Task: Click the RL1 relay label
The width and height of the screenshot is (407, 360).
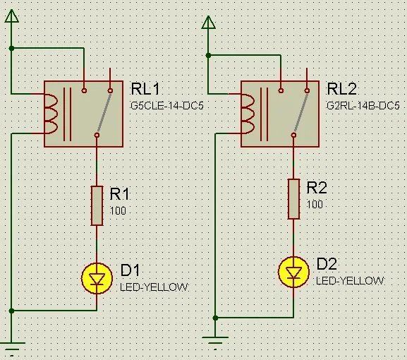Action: pos(145,89)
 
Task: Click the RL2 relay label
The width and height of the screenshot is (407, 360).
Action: pos(341,89)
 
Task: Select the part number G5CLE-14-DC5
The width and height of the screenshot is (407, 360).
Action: pos(167,106)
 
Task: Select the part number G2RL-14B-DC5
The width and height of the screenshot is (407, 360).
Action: pos(363,106)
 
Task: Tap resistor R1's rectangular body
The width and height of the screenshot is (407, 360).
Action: pos(97,205)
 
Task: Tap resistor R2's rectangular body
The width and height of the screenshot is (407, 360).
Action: pos(293,199)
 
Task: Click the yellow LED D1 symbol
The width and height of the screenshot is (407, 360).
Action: pos(97,278)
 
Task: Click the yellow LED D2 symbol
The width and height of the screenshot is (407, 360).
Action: pos(293,272)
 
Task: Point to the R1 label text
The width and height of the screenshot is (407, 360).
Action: pos(119,194)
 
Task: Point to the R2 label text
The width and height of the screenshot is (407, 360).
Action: pos(317,188)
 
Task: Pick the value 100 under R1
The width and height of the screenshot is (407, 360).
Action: pos(118,210)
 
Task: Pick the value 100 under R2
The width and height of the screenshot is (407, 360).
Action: pos(315,205)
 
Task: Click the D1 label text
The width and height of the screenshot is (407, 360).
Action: pos(130,270)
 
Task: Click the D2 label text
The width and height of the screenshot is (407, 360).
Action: pos(327,264)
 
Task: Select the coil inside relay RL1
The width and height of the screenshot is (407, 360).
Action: pos(51,114)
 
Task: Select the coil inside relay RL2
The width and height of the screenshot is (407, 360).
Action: pos(248,114)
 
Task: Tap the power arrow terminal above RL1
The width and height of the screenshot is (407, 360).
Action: pos(12,16)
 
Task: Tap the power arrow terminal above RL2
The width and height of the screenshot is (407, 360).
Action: pos(208,23)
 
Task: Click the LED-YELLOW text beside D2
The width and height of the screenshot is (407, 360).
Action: pos(350,281)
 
